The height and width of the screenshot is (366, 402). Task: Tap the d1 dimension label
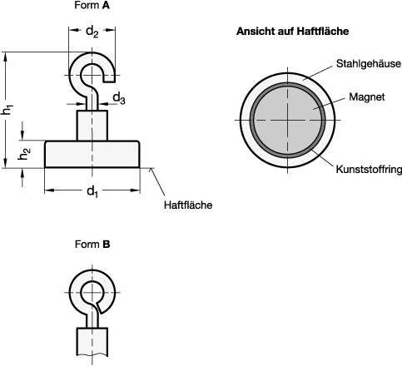(x=92, y=194)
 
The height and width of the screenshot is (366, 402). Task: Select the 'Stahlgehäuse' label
(x=369, y=63)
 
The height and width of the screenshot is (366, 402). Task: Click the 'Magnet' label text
(x=366, y=96)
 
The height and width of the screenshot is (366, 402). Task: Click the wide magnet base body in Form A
(x=92, y=155)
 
